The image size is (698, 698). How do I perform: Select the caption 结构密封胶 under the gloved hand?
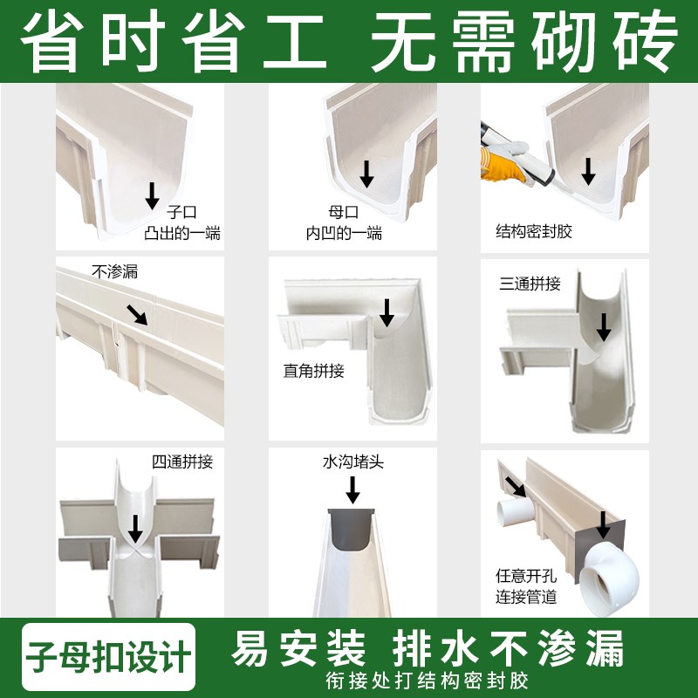pyautogui.click(x=534, y=232)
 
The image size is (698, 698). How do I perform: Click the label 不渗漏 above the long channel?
pyautogui.click(x=114, y=271)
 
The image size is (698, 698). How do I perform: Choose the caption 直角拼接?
pyautogui.click(x=314, y=370)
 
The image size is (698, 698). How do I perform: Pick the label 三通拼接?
pyautogui.click(x=530, y=284)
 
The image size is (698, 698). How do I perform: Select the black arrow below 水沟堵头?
pyautogui.click(x=353, y=492)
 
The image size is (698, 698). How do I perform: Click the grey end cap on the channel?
pyautogui.click(x=352, y=530)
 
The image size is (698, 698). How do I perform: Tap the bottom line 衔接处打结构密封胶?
pyautogui.click(x=428, y=679)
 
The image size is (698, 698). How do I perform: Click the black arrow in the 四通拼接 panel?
pyautogui.click(x=135, y=528)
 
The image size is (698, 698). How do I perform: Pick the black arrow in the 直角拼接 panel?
pyautogui.click(x=387, y=311)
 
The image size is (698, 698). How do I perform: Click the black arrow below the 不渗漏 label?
pyautogui.click(x=136, y=314)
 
